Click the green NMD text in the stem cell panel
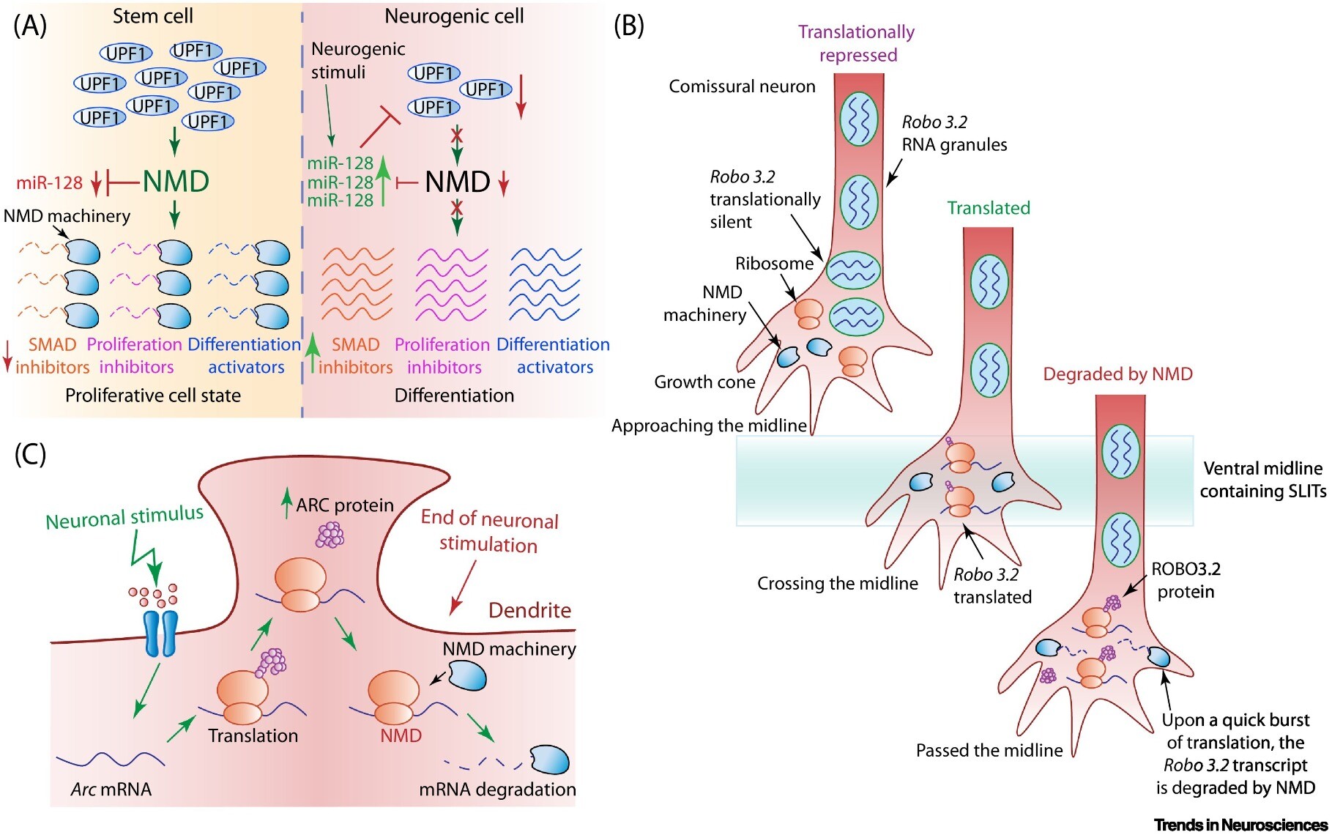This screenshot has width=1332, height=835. pyautogui.click(x=176, y=182)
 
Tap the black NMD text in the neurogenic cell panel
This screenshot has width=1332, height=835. pyautogui.click(x=457, y=182)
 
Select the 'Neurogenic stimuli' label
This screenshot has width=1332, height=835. pyautogui.click(x=357, y=61)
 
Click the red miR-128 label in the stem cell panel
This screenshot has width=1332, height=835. pyautogui.click(x=50, y=182)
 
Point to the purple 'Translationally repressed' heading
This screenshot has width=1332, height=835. pyautogui.click(x=857, y=43)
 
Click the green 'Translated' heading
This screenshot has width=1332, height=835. pyautogui.click(x=988, y=208)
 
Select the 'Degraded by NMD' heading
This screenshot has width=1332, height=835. pyautogui.click(x=1117, y=374)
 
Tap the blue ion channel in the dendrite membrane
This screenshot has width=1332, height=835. pyautogui.click(x=160, y=633)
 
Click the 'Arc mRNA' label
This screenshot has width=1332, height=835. pyautogui.click(x=111, y=790)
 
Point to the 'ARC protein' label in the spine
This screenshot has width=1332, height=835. pyautogui.click(x=344, y=505)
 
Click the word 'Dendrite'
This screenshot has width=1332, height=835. pyautogui.click(x=529, y=610)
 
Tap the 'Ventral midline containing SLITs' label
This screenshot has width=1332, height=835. pyautogui.click(x=1262, y=480)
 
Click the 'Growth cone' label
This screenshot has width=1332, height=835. pyautogui.click(x=704, y=382)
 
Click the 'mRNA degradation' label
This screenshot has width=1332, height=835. pyautogui.click(x=497, y=790)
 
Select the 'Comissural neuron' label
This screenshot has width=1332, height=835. pyautogui.click(x=742, y=86)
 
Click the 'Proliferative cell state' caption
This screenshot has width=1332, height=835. pyautogui.click(x=153, y=396)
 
